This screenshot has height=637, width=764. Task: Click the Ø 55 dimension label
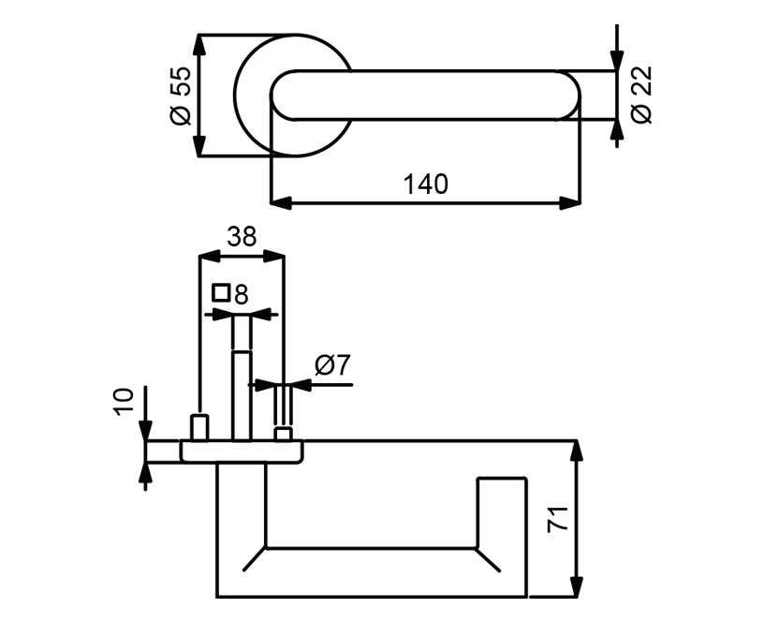(181, 96)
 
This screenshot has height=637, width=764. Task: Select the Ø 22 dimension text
(641, 95)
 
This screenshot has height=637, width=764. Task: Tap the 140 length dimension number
(425, 185)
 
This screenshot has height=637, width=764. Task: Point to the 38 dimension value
(242, 237)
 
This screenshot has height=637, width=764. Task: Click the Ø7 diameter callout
(332, 365)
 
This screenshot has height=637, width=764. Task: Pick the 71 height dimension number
(558, 519)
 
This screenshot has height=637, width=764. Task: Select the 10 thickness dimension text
(124, 402)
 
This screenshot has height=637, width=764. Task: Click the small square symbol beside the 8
(221, 293)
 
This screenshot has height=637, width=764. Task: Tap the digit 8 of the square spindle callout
(242, 294)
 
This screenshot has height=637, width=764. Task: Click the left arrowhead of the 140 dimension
(281, 203)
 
